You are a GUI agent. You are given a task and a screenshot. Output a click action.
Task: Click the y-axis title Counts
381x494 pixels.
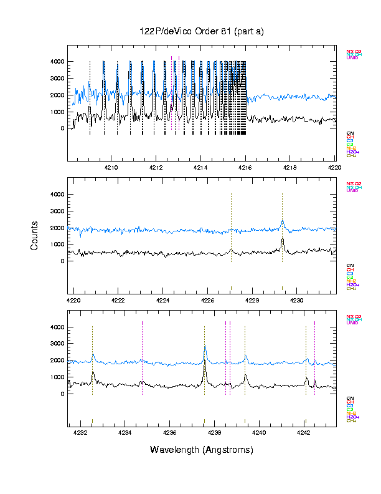tap(35, 236)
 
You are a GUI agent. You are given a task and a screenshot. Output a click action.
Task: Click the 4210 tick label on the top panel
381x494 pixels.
tap(112, 168)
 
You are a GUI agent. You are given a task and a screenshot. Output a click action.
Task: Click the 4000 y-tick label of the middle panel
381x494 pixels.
tap(57, 195)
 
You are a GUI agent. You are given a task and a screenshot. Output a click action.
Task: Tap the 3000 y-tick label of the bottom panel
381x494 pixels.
tap(57, 344)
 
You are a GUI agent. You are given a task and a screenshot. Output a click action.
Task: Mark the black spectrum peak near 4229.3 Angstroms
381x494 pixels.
tap(282, 239)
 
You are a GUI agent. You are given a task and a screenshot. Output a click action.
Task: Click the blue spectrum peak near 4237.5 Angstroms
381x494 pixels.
tap(204, 347)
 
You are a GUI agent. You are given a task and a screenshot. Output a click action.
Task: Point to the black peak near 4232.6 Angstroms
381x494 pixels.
tap(93, 372)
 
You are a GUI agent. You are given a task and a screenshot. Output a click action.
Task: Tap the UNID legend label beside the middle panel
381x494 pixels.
tap(352, 190)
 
